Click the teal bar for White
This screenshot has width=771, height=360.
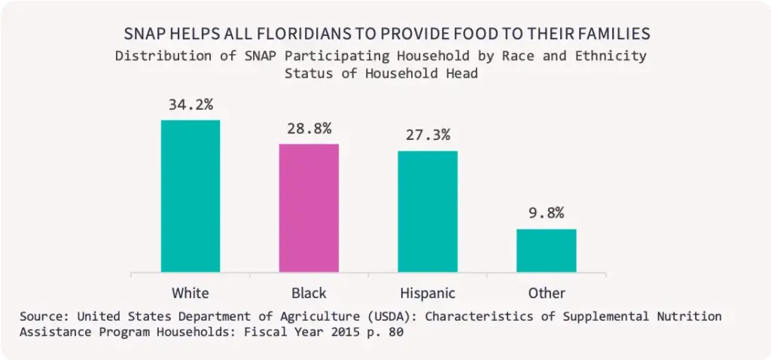(190, 196)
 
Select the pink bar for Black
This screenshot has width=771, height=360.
(309, 208)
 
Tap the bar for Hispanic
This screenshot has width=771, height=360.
(428, 211)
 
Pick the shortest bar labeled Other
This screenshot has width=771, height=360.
(546, 250)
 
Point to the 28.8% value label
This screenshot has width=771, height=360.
(309, 128)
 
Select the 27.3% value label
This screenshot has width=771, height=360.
(428, 135)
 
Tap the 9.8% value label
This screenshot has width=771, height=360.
(546, 213)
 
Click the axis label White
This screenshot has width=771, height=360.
(190, 292)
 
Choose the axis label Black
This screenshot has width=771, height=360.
(309, 292)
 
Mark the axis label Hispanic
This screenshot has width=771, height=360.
(428, 292)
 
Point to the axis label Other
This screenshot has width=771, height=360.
(546, 292)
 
